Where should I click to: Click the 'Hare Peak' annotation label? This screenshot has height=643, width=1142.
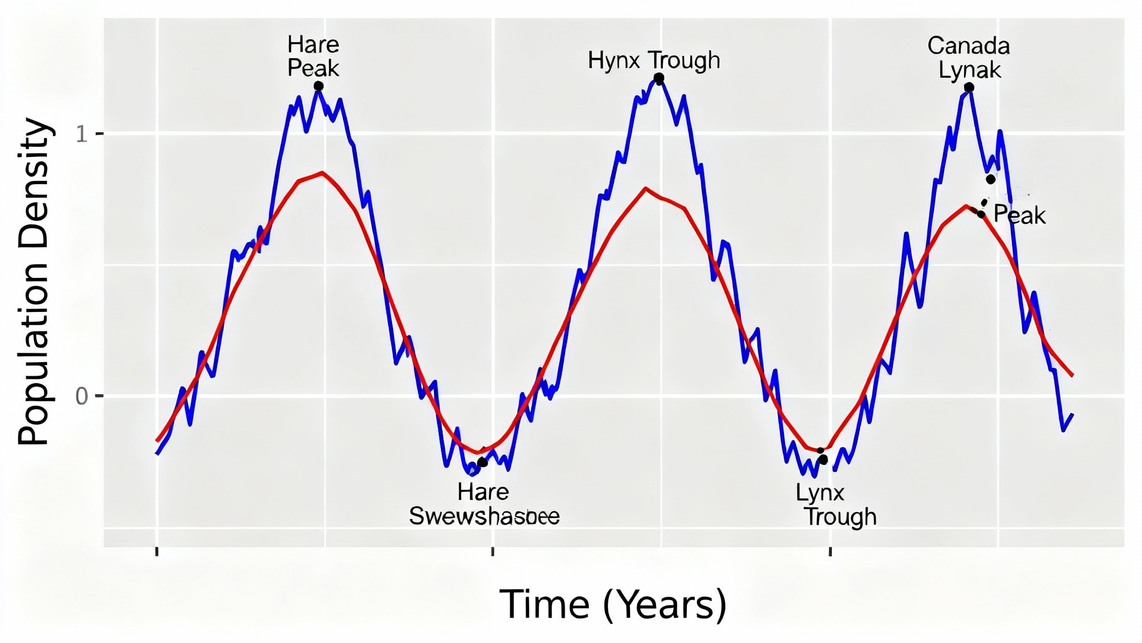tap(313, 56)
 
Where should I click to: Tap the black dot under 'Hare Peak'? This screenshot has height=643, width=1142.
tap(318, 86)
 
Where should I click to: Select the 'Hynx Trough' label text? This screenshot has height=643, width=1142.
tap(654, 60)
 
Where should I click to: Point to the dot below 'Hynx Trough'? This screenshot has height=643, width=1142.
tap(659, 79)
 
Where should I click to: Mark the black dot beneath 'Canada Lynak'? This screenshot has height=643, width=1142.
tap(969, 88)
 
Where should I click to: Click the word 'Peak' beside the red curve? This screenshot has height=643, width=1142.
tap(1019, 215)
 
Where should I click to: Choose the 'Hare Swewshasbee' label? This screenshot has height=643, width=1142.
tap(484, 504)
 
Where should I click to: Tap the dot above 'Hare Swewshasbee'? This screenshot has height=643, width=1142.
tap(483, 462)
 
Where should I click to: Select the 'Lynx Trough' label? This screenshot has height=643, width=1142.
tap(835, 505)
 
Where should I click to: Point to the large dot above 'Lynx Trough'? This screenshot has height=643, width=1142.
tap(823, 460)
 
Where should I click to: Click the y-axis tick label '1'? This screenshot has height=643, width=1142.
tap(81, 135)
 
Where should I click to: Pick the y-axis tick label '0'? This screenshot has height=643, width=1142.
tap(81, 396)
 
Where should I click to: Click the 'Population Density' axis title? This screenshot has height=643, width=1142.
tap(35, 281)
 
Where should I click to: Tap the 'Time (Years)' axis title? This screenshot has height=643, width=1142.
tap(613, 604)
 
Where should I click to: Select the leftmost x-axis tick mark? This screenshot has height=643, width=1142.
tap(157, 552)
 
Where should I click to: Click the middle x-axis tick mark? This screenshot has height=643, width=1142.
tap(493, 552)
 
